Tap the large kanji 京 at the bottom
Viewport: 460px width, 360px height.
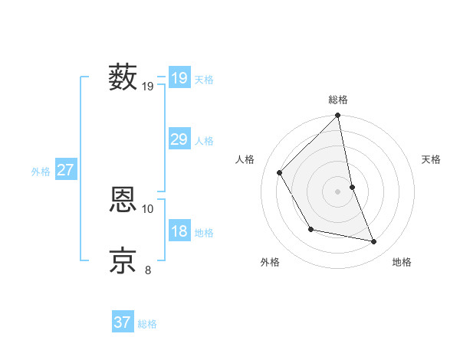[123, 260]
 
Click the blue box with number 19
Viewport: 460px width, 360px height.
[179, 77]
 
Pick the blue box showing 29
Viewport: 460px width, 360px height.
[179, 139]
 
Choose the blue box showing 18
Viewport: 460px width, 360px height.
[179, 231]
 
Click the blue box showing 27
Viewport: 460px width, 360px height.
[65, 170]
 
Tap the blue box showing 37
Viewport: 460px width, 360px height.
[123, 322]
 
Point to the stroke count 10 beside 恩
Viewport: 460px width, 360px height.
[148, 208]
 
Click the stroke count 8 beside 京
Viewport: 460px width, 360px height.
[148, 270]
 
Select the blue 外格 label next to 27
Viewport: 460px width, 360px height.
[41, 172]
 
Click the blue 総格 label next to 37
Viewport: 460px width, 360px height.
[147, 324]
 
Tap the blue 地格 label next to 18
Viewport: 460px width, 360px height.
[204, 233]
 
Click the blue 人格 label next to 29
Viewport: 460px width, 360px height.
[204, 141]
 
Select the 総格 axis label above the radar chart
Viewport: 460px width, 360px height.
[338, 100]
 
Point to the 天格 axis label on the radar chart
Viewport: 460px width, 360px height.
[432, 159]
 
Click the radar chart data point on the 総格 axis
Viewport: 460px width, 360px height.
[338, 116]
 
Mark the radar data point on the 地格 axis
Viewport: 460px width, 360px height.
[374, 241]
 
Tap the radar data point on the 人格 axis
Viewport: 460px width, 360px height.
[280, 172]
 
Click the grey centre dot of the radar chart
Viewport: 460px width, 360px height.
[338, 191]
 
